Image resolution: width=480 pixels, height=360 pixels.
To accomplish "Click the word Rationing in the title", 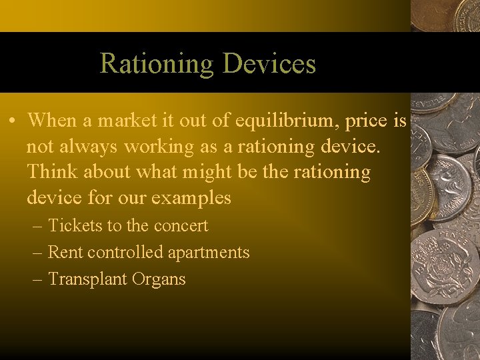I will [x=157, y=64].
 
